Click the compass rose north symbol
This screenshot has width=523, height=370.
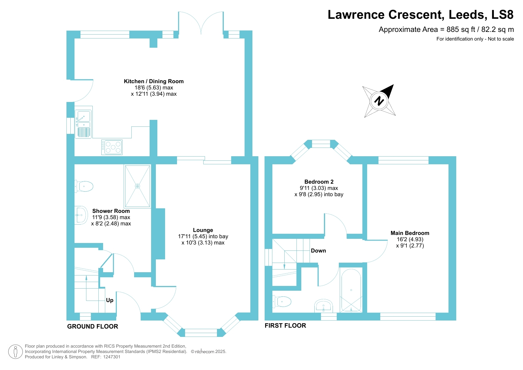click(x=379, y=101)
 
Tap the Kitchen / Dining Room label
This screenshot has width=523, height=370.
click(x=154, y=81)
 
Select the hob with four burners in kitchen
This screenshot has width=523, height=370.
click(x=112, y=147)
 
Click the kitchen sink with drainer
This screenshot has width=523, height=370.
click(x=83, y=122)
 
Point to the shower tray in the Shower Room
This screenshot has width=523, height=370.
click(x=137, y=186)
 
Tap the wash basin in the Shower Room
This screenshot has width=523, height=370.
click(x=81, y=215)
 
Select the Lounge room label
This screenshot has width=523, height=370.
click(x=203, y=230)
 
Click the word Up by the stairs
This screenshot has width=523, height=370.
click(x=110, y=300)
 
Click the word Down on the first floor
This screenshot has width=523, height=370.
click(x=318, y=251)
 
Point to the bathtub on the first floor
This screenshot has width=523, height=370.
click(x=351, y=290)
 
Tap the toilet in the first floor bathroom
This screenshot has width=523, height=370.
click(x=282, y=302)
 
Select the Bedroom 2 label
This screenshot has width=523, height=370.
click(x=319, y=182)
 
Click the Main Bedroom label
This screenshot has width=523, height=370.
click(x=410, y=233)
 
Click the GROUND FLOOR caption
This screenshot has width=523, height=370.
click(x=93, y=326)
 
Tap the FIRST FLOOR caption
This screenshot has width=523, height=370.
click(x=285, y=326)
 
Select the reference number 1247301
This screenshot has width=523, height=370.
click(x=112, y=357)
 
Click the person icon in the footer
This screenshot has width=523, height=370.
click(x=15, y=352)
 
